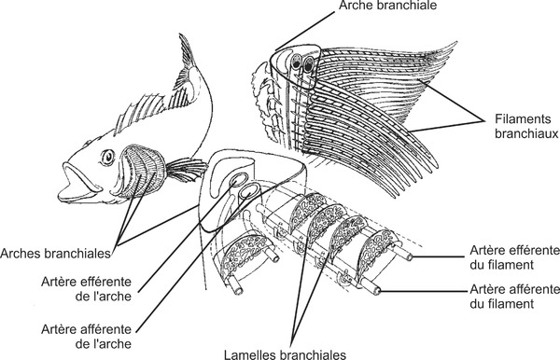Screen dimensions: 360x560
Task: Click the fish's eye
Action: click(x=109, y=155)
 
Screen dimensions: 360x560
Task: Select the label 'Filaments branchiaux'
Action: click(x=520, y=128)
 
